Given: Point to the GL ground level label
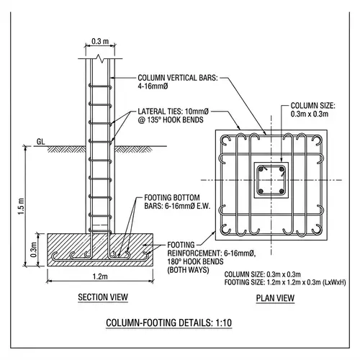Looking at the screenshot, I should click(42, 142).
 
